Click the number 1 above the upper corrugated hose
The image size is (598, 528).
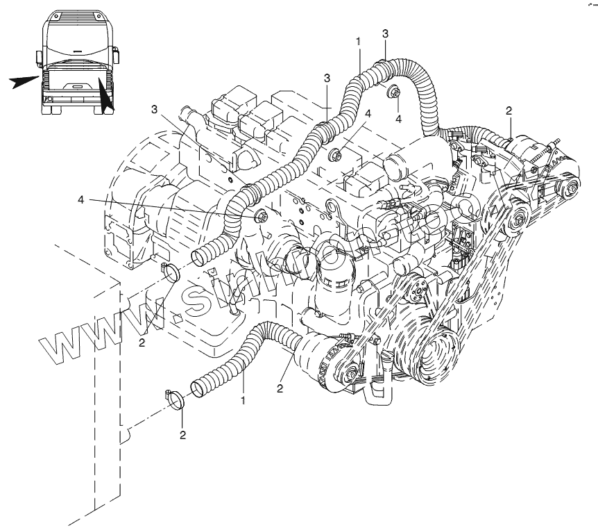point(358,41)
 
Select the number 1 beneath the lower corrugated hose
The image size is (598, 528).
point(243,401)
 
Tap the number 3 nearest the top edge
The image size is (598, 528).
point(385,33)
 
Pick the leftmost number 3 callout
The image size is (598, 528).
point(155,108)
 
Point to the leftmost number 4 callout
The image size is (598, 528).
point(81,200)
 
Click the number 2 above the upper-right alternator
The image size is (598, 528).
point(509,110)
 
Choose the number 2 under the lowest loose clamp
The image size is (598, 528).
point(183,436)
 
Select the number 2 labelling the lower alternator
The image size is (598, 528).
point(280,389)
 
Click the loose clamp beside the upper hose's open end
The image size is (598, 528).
point(171,272)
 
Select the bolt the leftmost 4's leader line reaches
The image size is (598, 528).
point(262,217)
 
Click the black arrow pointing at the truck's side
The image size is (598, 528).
point(24,82)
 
